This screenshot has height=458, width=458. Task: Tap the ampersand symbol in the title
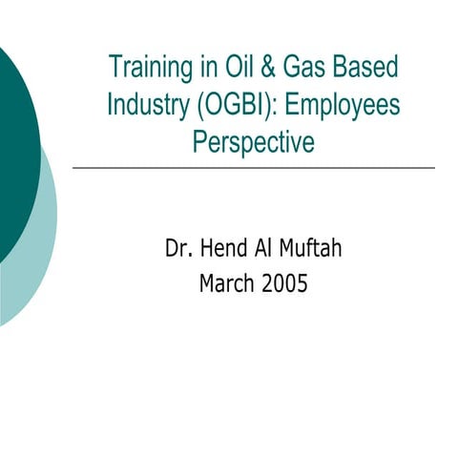click(266, 68)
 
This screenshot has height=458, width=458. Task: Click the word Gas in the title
click(304, 68)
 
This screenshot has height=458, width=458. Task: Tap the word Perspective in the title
click(253, 141)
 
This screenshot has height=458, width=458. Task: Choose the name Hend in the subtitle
click(224, 249)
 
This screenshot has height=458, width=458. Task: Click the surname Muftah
click(314, 249)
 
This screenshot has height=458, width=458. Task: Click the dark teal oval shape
click(14, 143)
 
